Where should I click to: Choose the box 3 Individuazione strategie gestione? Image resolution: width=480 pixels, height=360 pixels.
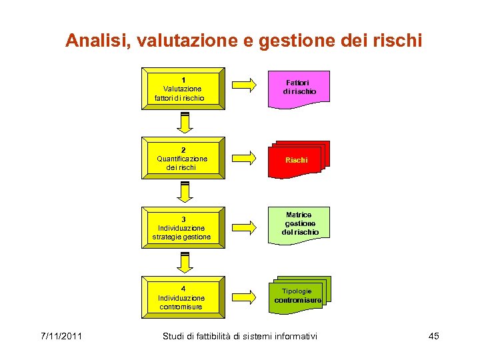click(183, 228)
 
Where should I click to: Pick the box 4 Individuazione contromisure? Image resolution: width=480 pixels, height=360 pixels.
click(183, 298)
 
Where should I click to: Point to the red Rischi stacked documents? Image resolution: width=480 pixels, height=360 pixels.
click(297, 160)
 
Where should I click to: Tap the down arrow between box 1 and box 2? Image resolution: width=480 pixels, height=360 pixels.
click(185, 123)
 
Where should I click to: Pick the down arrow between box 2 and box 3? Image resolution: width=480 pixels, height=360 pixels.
click(185, 192)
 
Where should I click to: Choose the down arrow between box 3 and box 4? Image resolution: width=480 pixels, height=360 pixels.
click(185, 262)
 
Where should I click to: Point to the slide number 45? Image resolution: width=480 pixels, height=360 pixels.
click(433, 336)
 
